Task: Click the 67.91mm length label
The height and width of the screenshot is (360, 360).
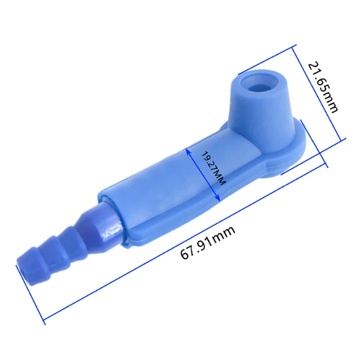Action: (x=208, y=242)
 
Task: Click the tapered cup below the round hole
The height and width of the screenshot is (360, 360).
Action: (x=256, y=108)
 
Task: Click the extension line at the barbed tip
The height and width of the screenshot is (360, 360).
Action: (x=31, y=295)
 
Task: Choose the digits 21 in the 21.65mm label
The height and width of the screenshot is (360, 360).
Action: (x=315, y=70)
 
